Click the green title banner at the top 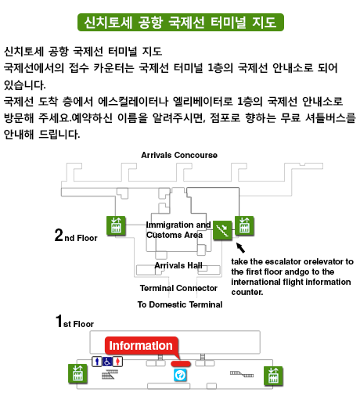click(181, 22)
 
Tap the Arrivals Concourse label click(179, 155)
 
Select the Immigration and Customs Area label click(178, 230)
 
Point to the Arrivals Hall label click(178, 265)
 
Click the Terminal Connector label click(178, 288)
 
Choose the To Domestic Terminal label click(180, 304)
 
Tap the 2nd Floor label click(76, 235)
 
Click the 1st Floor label click(74, 321)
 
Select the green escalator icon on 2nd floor click(222, 230)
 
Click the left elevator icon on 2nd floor click(116, 225)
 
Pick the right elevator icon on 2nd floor click(244, 225)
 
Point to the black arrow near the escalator click(240, 248)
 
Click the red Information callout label click(141, 346)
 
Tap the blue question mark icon click(180, 375)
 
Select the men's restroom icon click(97, 362)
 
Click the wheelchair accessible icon click(107, 362)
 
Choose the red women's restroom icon click(117, 362)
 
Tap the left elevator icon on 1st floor click(77, 374)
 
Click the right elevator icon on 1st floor click(273, 376)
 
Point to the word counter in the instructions click(247, 293)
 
